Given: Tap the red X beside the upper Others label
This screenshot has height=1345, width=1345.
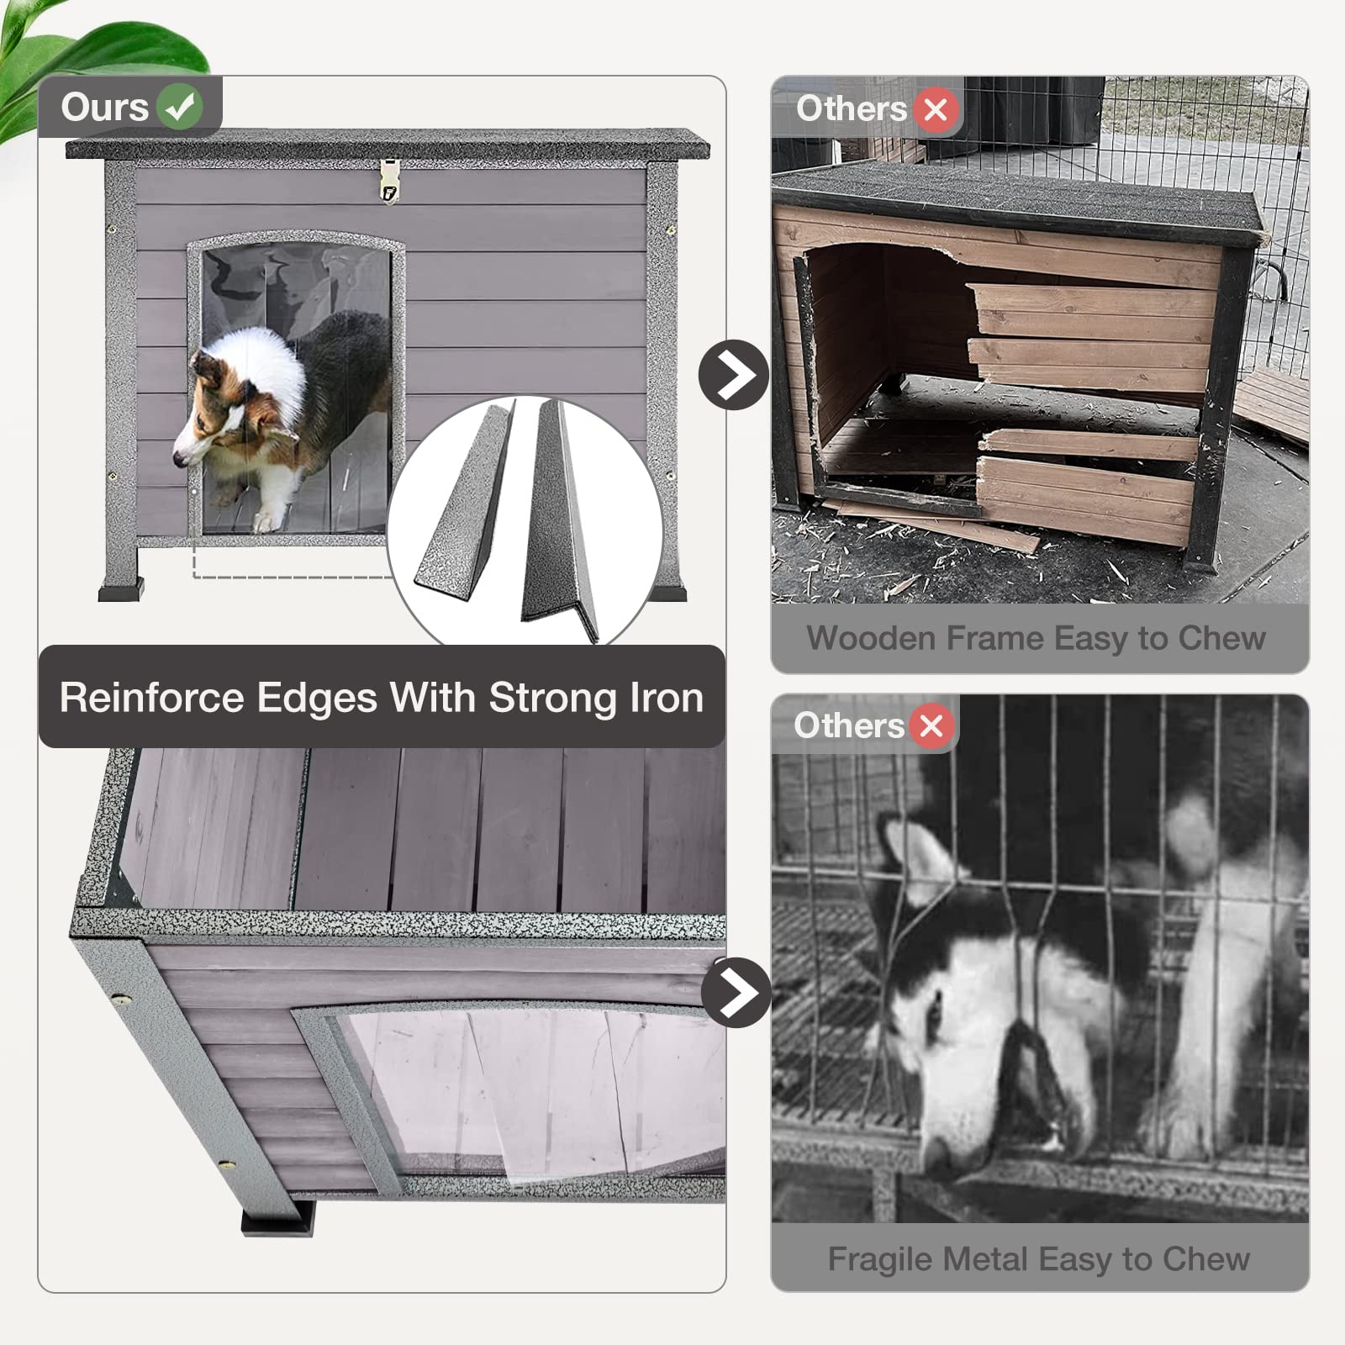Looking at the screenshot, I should tap(936, 109).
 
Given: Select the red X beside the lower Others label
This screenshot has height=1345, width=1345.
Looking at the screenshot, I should tap(931, 725).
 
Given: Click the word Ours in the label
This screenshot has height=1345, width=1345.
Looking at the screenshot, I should tap(104, 107).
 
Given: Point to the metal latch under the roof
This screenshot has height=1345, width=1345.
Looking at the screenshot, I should tap(388, 181).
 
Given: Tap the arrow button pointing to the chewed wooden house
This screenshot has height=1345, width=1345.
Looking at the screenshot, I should tap(734, 375).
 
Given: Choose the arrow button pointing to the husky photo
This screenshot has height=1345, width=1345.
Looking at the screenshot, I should tap(736, 992).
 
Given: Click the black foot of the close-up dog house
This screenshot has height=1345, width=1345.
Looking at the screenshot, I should tap(277, 1218).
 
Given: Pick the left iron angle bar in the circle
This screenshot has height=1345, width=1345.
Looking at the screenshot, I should tap(462, 504).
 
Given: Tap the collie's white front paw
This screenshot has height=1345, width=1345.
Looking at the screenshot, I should tap(267, 520).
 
